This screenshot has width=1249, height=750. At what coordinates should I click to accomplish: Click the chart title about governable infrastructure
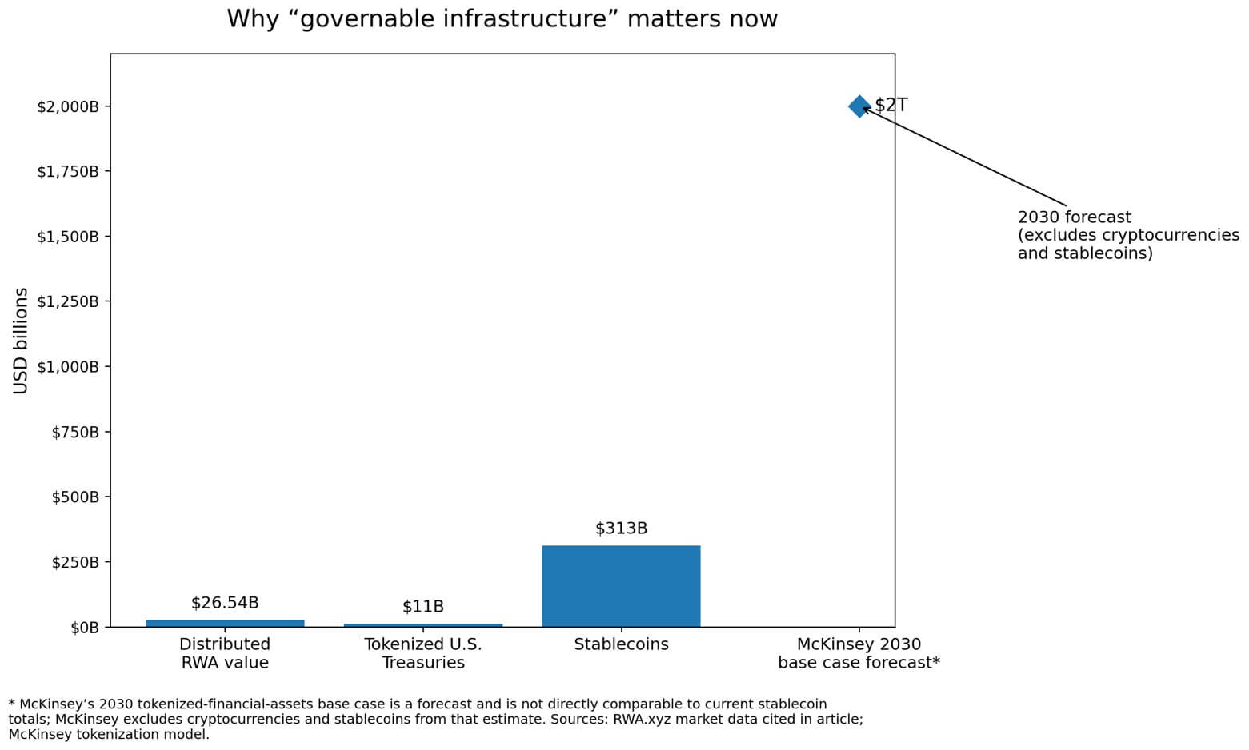502,18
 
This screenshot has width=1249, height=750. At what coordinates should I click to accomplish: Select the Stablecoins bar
621,586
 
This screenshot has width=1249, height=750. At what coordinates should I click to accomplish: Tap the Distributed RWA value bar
225,623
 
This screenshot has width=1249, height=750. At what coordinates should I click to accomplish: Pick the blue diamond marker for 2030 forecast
859,106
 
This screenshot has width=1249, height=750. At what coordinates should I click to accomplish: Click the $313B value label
621,529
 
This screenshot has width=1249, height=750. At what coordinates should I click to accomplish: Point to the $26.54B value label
225,603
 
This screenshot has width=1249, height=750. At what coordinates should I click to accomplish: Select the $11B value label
422,607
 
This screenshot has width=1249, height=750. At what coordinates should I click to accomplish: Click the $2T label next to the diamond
891,106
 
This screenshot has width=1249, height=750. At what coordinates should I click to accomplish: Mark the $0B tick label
85,628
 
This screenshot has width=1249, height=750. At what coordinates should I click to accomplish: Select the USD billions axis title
21,341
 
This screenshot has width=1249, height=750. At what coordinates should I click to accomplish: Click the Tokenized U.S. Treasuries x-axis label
422,653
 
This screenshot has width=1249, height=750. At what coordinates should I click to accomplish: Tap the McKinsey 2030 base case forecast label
859,653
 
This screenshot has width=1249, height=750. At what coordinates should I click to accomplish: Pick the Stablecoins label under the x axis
621,644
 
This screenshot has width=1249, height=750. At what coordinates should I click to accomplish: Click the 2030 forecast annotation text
1127,235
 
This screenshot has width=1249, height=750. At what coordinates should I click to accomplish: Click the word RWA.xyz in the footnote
639,720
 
